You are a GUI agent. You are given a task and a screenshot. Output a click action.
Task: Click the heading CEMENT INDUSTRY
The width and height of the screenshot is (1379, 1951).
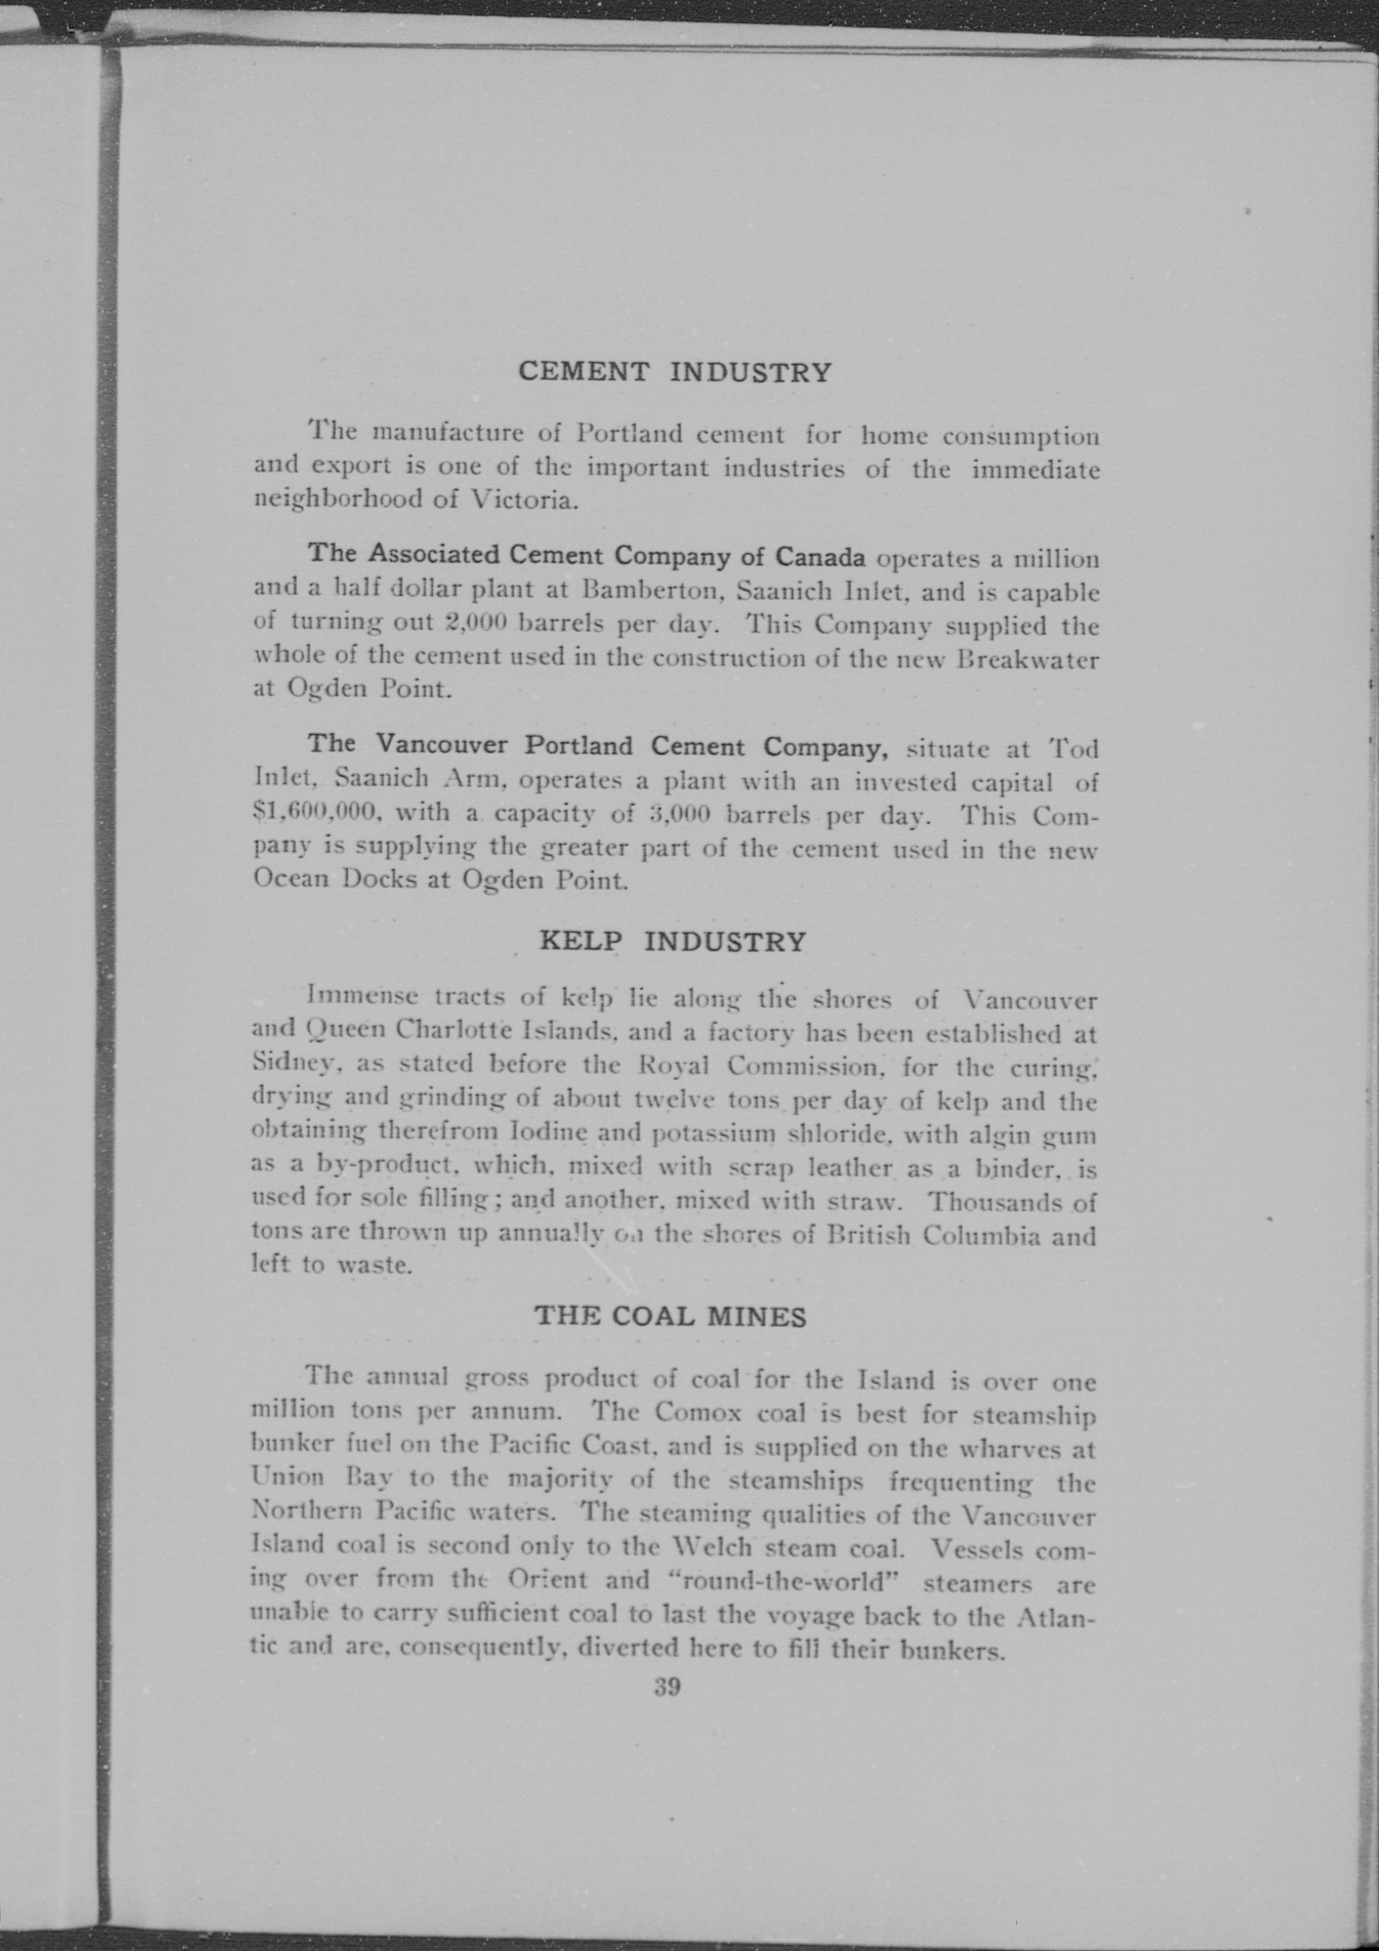[675, 372]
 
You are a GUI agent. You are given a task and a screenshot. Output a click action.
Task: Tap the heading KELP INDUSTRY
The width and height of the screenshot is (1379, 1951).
[673, 941]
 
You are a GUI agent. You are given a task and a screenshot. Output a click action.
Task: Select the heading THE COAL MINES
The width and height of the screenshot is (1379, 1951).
[670, 1316]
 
